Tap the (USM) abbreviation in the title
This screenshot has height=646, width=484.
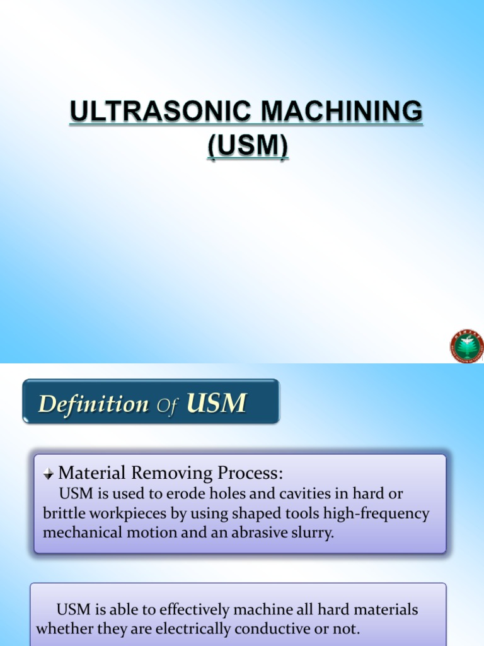click(x=248, y=146)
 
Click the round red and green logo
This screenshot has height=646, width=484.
click(x=466, y=346)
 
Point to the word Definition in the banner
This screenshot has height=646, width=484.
click(x=93, y=404)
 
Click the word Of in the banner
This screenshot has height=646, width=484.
click(x=168, y=406)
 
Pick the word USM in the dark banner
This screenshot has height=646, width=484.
click(x=217, y=403)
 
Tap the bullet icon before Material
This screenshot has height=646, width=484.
click(x=49, y=474)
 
